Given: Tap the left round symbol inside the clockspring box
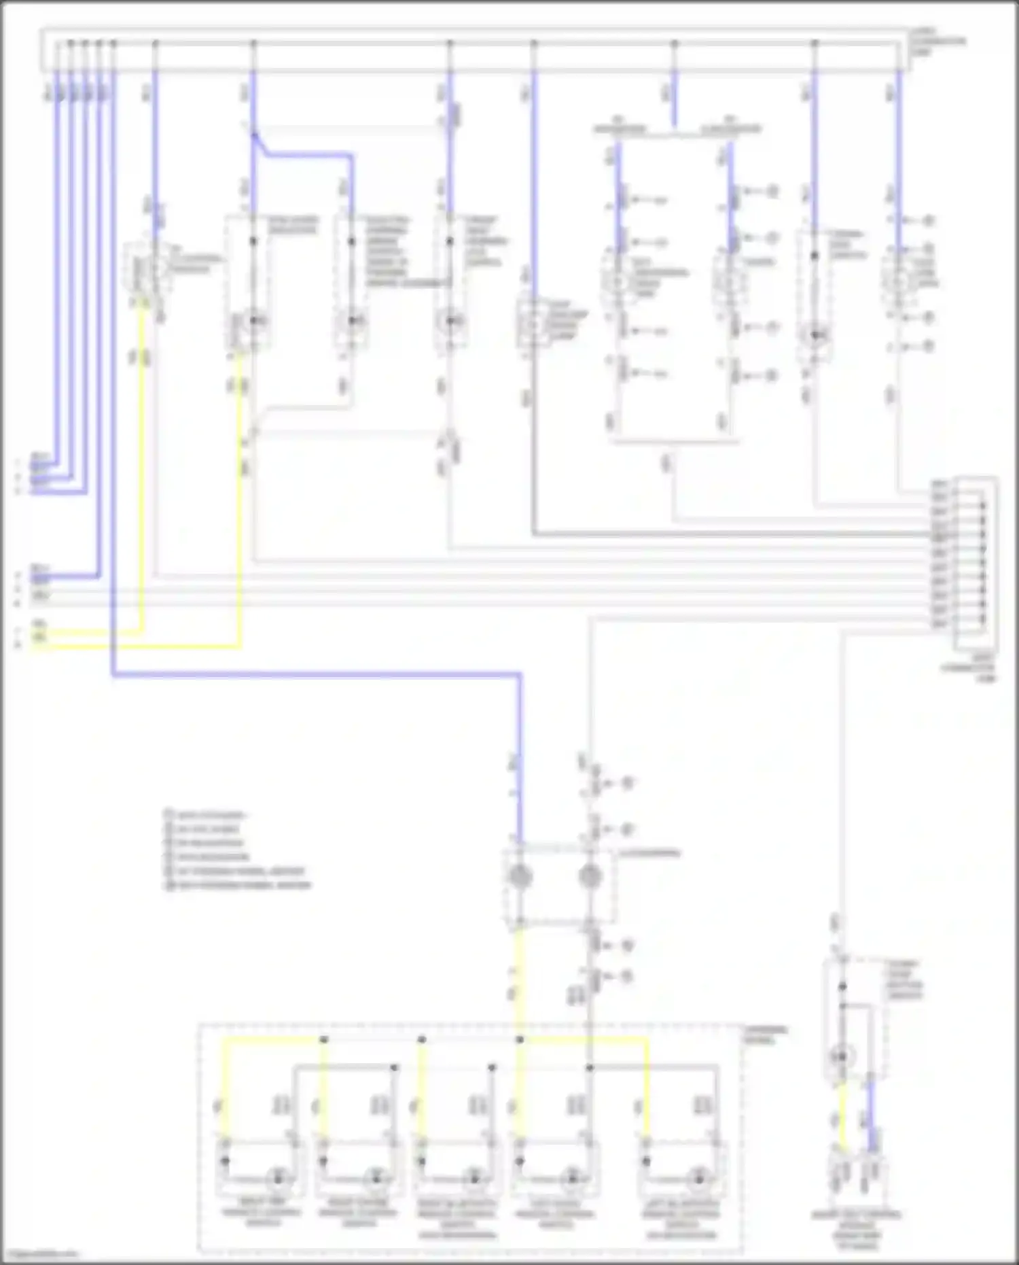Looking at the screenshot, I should pos(520,877).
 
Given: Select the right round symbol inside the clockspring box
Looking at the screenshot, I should pos(589,877).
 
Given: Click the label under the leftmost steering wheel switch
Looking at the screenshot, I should pos(262,1217).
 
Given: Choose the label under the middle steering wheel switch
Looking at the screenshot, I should pos(456,1221).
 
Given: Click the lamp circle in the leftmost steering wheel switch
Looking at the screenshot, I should pos(276,1177).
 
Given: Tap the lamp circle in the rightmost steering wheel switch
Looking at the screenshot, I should pos(698,1177).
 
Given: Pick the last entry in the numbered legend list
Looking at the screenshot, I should pos(238,886).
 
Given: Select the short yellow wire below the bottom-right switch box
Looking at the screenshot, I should pos(842,1115).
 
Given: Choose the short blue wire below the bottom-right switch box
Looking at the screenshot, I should pos(871,1115).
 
